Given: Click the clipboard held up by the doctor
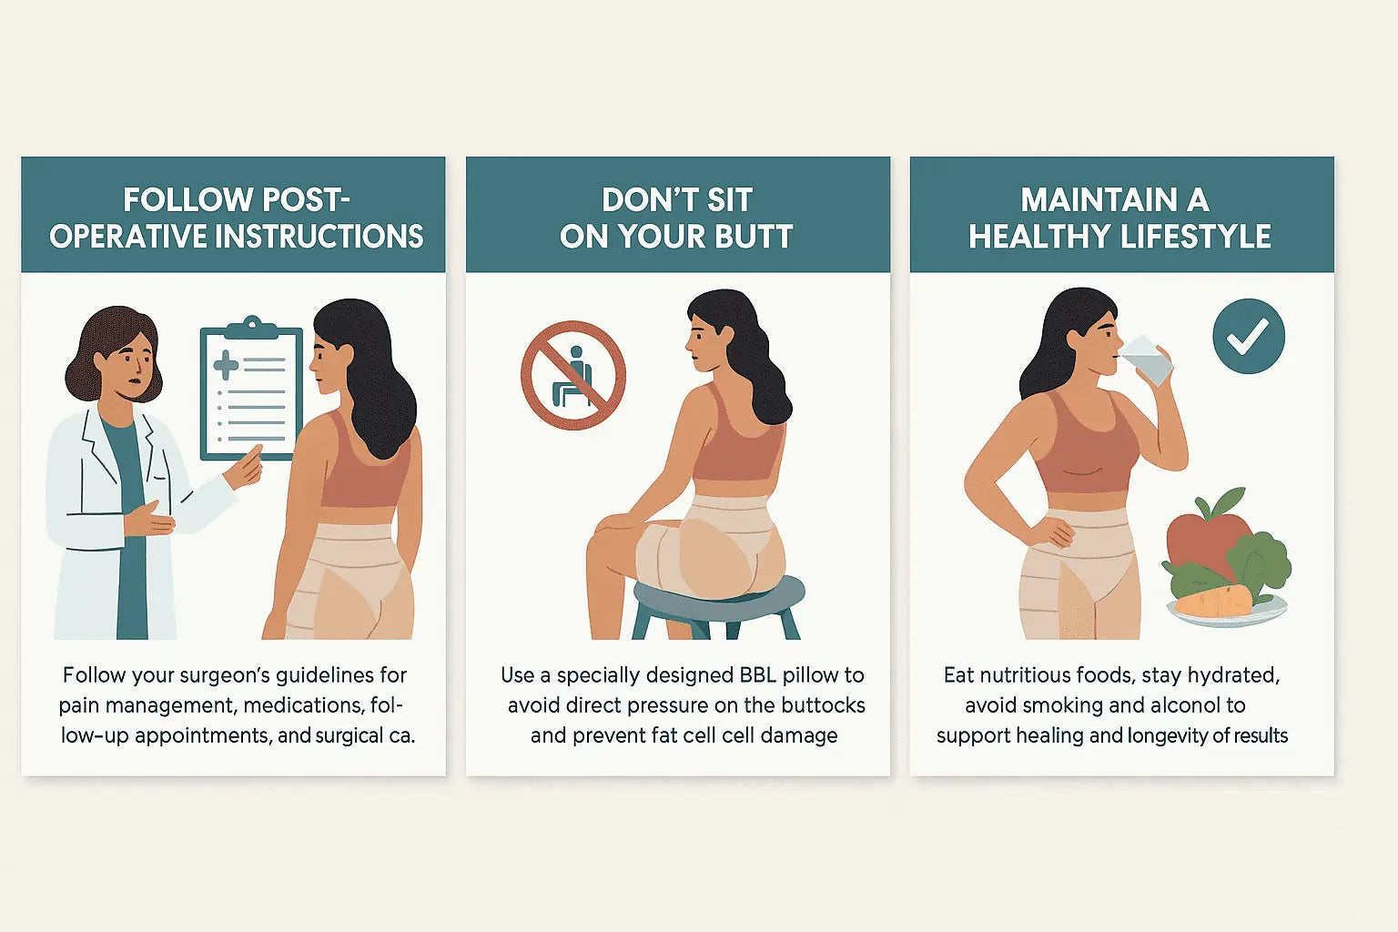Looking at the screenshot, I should [250, 387].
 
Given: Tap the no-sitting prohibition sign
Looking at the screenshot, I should [573, 374].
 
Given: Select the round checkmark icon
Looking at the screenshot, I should [1249, 336].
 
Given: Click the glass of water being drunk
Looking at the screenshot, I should [1147, 360].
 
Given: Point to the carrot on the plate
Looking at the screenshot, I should [1213, 601].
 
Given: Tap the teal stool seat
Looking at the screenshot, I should [719, 596].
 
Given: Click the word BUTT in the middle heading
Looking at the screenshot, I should [754, 237].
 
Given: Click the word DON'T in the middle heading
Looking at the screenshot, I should [642, 200].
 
